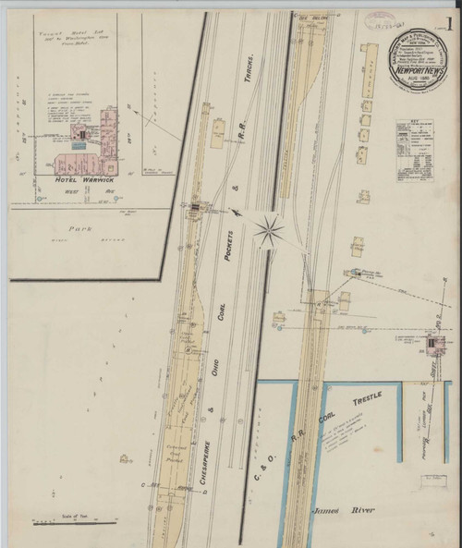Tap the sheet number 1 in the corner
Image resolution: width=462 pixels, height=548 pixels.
pyautogui.click(x=448, y=19)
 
